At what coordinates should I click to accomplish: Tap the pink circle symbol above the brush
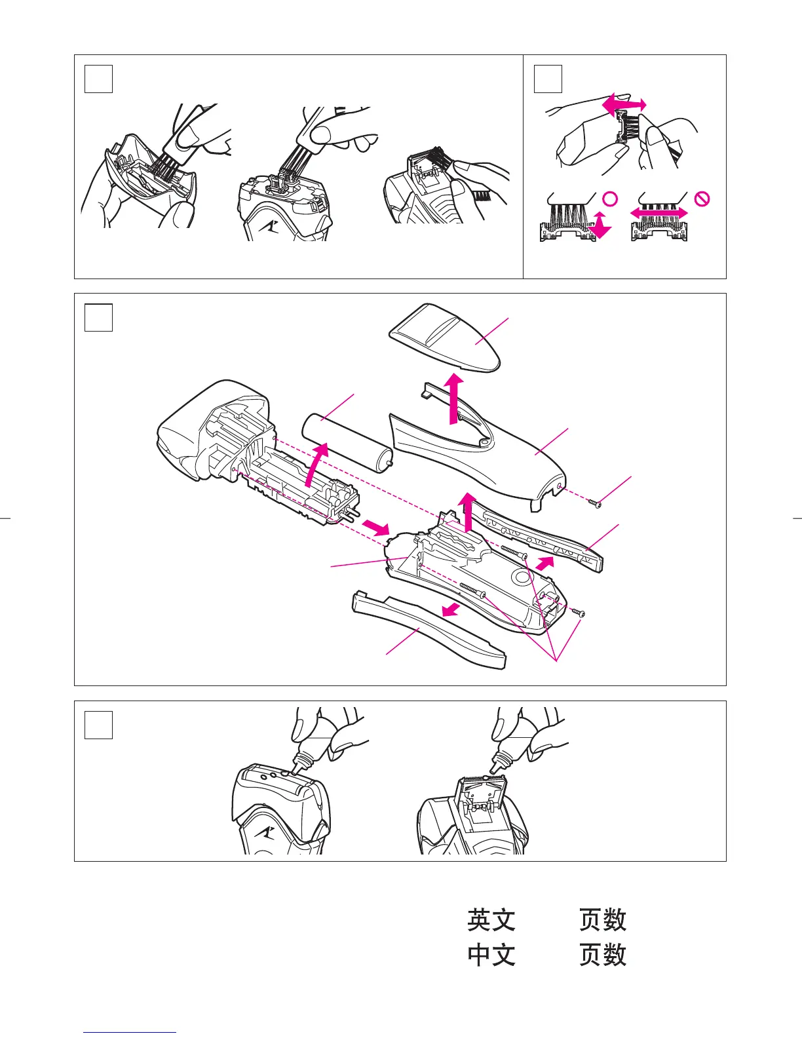610,199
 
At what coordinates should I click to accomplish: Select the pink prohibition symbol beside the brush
702,199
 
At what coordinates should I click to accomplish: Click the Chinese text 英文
491,920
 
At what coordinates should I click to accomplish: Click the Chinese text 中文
491,955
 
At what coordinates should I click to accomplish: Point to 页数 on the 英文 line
603,920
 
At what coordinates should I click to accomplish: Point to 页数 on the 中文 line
603,955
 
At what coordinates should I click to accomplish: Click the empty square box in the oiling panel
99,725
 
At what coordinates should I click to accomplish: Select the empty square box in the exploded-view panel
99,318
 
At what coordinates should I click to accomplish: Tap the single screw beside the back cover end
595,503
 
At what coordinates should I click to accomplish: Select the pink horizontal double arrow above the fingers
624,105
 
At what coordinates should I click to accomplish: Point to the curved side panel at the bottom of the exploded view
429,629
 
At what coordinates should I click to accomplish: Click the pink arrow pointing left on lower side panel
450,611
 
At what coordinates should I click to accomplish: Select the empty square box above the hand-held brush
548,79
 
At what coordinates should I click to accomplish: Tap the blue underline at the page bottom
130,1032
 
